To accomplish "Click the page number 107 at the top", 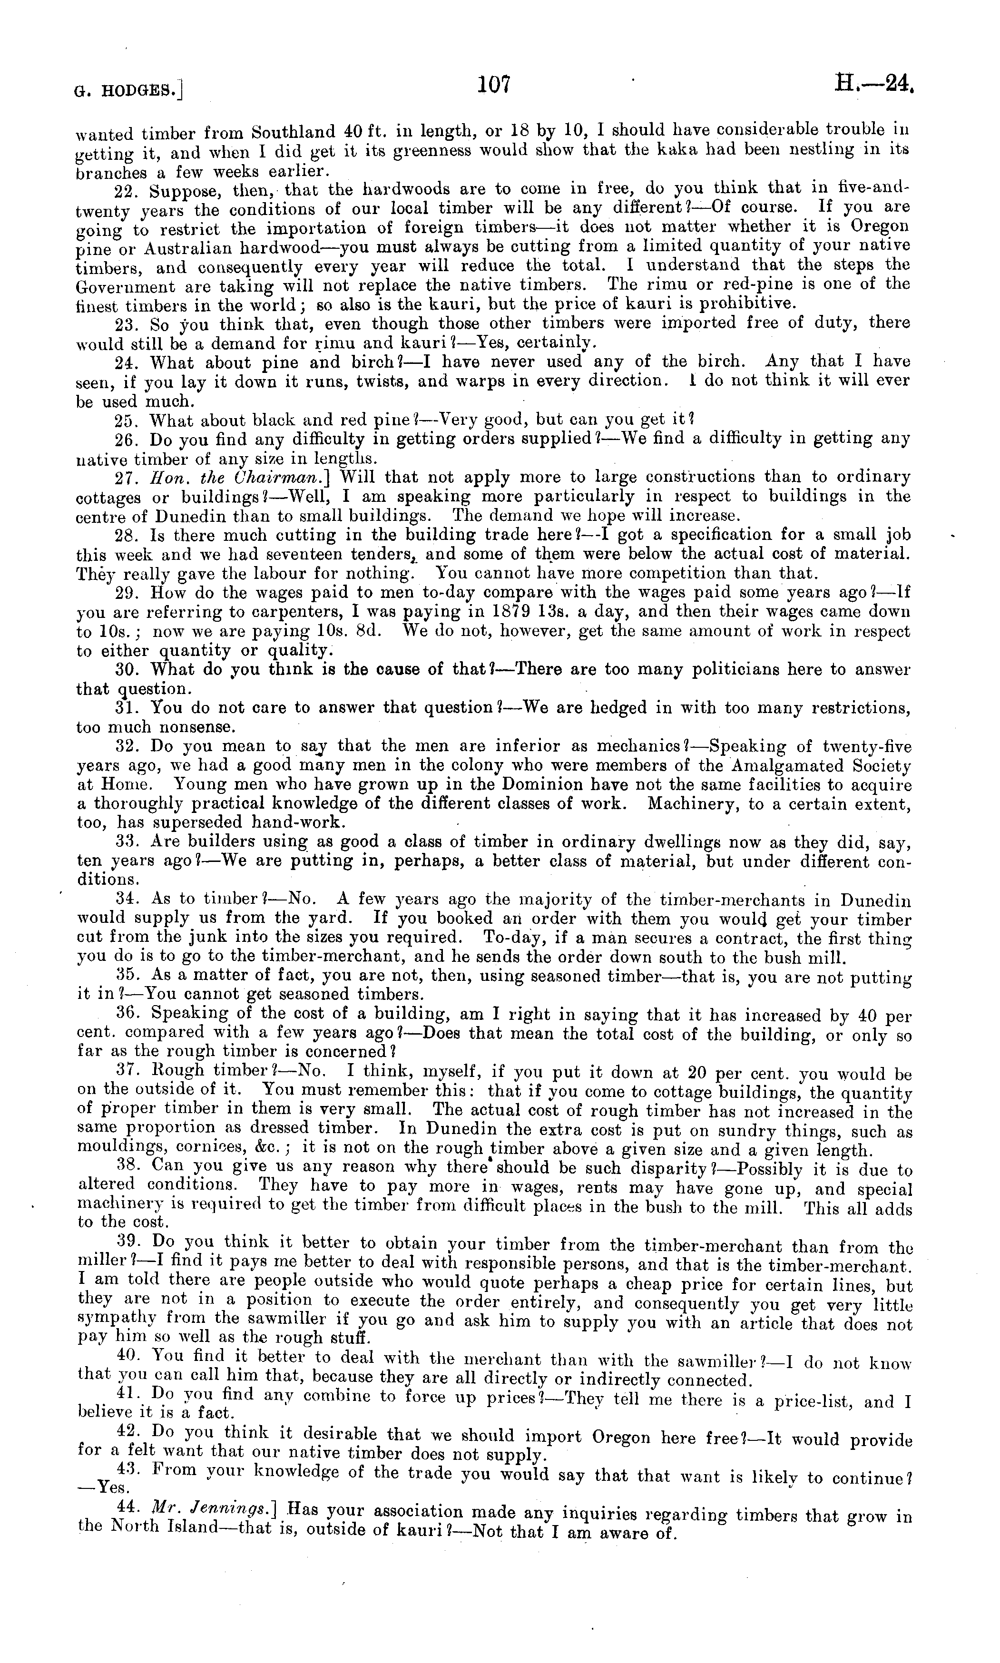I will point(495,84).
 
